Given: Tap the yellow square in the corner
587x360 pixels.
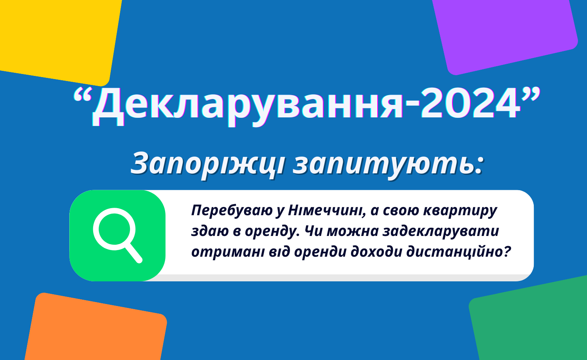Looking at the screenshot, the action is (x=58, y=39).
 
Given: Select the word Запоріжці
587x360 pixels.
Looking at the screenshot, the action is (x=207, y=164).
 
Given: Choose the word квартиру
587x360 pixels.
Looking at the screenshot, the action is (x=460, y=211).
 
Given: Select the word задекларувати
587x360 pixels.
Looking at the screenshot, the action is (x=441, y=231).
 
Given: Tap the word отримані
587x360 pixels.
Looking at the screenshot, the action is (x=228, y=252).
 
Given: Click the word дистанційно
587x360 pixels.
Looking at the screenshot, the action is (x=454, y=252).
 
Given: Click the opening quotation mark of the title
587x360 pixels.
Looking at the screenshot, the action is (x=82, y=95).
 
